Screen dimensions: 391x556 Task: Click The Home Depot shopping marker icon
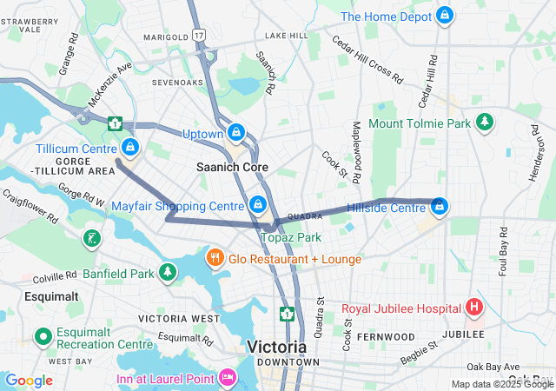445,16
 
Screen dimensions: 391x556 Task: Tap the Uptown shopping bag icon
235,133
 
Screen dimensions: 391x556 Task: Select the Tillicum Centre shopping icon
129,149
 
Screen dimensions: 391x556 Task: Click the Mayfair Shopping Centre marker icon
257,205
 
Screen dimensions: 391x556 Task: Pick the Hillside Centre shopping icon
440,207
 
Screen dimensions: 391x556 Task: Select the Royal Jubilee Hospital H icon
474,308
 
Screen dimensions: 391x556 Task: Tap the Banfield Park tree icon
168,273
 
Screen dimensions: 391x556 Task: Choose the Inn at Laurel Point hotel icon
228,378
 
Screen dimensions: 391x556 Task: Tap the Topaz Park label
291,237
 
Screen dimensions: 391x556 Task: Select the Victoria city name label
276,347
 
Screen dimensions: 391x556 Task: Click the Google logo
29,380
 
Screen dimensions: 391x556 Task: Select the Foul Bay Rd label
502,248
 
